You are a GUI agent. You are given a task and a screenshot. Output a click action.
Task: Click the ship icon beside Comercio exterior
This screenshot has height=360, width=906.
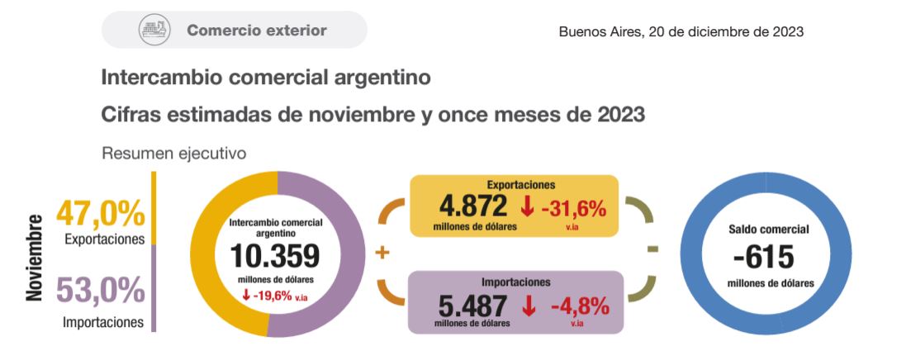coord(154,31)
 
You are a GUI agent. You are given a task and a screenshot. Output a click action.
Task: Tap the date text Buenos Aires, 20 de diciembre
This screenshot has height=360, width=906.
coord(681,31)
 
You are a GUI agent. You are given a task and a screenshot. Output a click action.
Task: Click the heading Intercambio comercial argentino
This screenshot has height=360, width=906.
coord(266,78)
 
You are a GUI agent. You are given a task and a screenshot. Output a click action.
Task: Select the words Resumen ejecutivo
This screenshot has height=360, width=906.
coord(173,153)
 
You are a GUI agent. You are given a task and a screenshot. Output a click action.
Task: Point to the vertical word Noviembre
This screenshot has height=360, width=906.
coord(35,258)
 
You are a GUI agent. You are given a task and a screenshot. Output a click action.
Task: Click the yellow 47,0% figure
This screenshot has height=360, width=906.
coord(100,214)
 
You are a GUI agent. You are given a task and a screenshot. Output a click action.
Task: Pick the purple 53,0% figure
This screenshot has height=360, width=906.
coord(100,291)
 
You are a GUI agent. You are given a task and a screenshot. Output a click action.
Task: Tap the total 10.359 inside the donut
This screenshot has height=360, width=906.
coord(275,257)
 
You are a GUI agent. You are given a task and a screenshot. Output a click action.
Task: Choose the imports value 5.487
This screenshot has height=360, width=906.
coord(472,306)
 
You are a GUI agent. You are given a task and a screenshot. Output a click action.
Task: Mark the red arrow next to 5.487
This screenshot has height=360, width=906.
coord(528,306)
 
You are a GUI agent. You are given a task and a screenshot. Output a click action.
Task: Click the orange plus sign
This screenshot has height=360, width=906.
coord(382,253)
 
